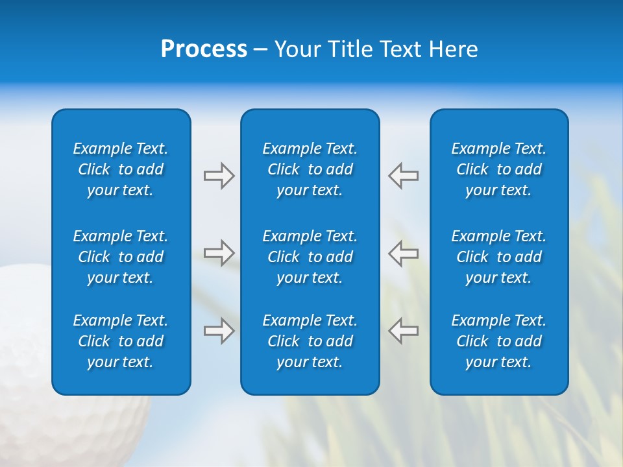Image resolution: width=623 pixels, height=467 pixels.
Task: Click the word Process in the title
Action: pyautogui.click(x=204, y=49)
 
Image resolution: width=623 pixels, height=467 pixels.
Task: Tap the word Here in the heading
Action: pyautogui.click(x=454, y=49)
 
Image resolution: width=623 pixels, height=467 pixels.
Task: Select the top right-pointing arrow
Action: pyautogui.click(x=219, y=176)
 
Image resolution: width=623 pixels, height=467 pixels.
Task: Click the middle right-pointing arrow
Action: pyautogui.click(x=219, y=253)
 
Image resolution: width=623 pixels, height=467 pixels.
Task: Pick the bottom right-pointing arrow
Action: pyautogui.click(x=219, y=331)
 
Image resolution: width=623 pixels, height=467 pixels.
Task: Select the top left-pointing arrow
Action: pyautogui.click(x=404, y=176)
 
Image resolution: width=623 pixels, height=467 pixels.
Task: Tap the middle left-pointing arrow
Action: pyautogui.click(x=404, y=253)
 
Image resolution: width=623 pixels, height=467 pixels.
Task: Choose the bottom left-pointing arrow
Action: pyautogui.click(x=404, y=331)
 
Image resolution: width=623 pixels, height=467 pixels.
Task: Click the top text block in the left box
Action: pyautogui.click(x=121, y=169)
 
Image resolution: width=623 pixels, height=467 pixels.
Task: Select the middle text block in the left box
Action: pyautogui.click(x=121, y=257)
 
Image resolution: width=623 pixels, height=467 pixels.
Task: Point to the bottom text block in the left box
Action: pyautogui.click(x=121, y=341)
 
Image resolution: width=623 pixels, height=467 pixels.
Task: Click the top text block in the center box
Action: pyautogui.click(x=310, y=169)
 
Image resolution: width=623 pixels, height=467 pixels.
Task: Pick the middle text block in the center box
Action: pyautogui.click(x=310, y=257)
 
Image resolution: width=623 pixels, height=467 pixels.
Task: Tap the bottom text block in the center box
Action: pyautogui.click(x=310, y=341)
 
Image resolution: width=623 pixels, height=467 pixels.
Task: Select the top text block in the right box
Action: pyautogui.click(x=499, y=169)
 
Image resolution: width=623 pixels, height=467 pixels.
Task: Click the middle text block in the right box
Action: pyautogui.click(x=499, y=257)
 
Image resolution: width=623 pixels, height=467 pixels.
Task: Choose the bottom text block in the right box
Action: pyautogui.click(x=499, y=341)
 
